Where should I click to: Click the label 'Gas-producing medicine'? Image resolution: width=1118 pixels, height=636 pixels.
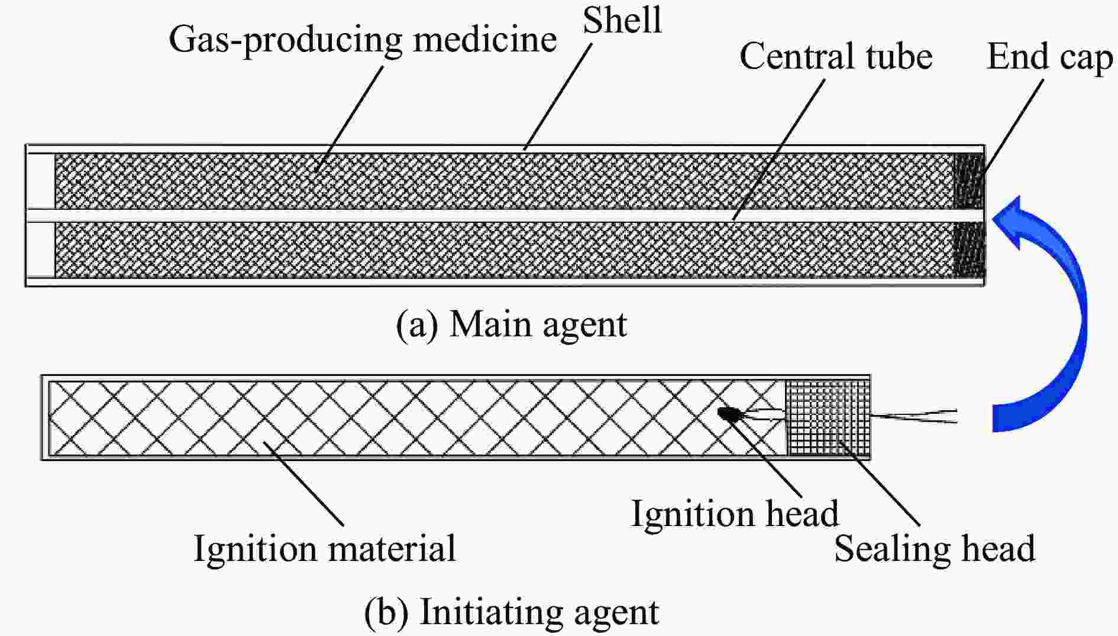click(362, 40)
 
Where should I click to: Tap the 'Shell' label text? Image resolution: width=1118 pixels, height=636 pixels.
click(622, 20)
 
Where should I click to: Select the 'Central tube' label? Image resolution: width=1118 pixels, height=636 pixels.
click(836, 57)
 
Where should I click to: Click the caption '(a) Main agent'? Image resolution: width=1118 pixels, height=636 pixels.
click(511, 325)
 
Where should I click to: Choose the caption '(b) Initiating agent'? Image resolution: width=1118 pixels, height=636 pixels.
click(511, 612)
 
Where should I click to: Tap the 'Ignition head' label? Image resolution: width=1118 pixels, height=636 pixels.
click(735, 513)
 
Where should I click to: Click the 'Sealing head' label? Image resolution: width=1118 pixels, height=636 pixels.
click(935, 549)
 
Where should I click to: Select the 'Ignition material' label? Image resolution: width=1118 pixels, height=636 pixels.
click(325, 549)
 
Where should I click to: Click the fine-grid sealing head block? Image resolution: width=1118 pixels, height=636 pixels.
click(827, 417)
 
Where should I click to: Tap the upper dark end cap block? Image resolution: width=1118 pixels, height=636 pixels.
click(970, 180)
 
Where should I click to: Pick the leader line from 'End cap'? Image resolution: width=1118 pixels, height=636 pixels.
click(1013, 127)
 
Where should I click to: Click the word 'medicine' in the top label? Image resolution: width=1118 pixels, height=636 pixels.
click(485, 40)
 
